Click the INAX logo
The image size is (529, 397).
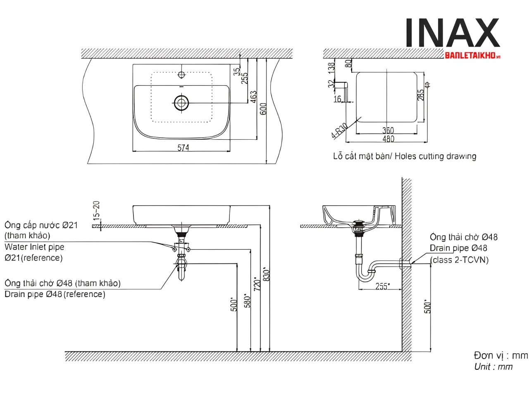click(452, 33)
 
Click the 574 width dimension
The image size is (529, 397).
click(183, 147)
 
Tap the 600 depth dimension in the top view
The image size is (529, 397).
click(264, 109)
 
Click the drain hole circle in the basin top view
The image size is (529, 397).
click(181, 103)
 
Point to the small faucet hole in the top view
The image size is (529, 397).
click(181, 75)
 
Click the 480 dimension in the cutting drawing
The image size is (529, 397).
click(388, 139)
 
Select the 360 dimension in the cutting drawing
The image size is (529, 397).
click(388, 131)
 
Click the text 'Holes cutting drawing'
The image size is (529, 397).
click(435, 156)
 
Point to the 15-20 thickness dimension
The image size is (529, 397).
click(96, 210)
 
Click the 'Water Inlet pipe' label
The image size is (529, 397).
click(34, 247)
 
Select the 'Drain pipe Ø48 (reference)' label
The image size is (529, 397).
click(55, 294)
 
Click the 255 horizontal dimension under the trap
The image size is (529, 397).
click(382, 286)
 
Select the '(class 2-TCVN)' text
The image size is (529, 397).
click(459, 260)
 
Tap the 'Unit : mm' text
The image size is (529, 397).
click(493, 366)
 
